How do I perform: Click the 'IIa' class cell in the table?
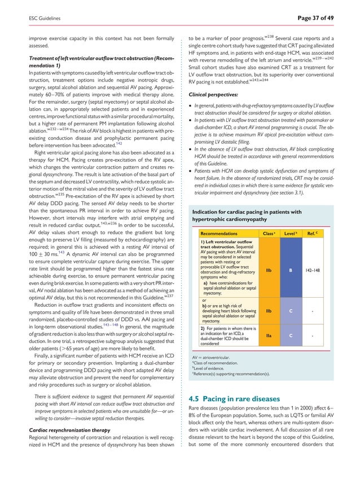click(x=270, y=336)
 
